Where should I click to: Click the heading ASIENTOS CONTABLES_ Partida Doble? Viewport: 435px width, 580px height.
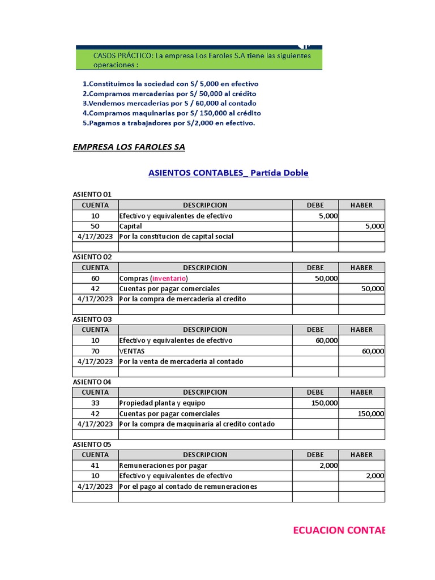(228, 173)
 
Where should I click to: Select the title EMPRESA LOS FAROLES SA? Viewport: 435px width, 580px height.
(129, 147)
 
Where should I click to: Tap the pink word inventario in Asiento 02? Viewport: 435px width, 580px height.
(169, 278)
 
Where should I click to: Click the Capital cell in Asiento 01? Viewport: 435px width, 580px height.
(131, 226)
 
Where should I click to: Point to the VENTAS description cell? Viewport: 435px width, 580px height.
(133, 351)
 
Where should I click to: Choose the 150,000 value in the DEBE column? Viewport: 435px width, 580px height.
(325, 403)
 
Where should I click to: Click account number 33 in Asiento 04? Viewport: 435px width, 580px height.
(95, 403)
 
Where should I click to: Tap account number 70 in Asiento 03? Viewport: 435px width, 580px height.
(95, 351)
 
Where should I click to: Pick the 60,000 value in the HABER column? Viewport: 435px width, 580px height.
(373, 351)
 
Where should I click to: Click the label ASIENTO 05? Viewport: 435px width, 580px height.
(92, 445)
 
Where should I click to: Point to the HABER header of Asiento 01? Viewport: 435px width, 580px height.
(361, 205)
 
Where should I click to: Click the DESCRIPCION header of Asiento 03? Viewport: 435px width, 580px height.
(205, 330)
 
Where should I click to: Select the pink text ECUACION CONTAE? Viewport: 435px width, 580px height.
(339, 530)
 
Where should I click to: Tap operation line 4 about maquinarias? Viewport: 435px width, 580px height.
(172, 113)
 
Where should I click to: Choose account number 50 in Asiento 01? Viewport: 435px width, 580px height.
(95, 226)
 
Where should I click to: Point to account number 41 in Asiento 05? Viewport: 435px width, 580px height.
(95, 465)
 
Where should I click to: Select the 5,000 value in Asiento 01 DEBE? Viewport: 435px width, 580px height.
(328, 216)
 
